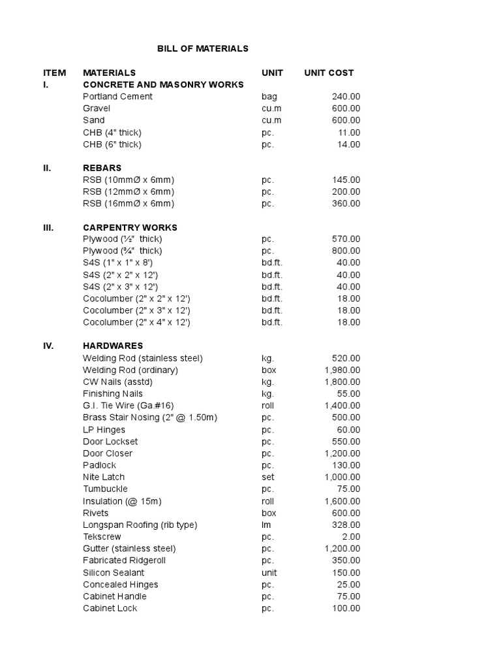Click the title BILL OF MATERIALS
click(203, 48)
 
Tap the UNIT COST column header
click(329, 73)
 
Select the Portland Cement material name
click(117, 97)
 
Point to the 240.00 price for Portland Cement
click(346, 97)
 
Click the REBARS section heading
click(102, 168)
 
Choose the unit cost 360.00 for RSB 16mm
click(346, 204)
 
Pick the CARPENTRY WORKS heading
click(130, 227)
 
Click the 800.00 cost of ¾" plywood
click(346, 251)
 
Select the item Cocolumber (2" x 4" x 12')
click(136, 322)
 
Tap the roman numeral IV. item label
click(48, 346)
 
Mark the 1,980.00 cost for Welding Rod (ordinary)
click(342, 370)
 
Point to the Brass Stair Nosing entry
click(150, 417)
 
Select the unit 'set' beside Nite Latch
click(267, 477)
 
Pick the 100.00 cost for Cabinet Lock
click(346, 608)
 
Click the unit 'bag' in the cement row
click(269, 97)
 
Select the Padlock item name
click(100, 465)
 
